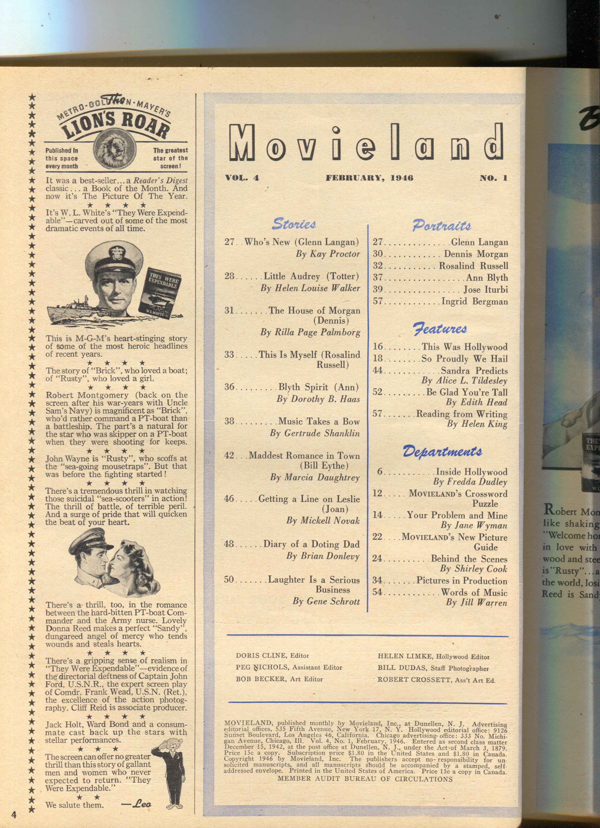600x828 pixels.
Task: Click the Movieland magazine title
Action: pyautogui.click(x=367, y=143)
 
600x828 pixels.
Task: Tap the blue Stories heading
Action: pyautogui.click(x=294, y=223)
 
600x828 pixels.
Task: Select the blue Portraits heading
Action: pyautogui.click(x=442, y=225)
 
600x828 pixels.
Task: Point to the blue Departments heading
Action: pyautogui.click(x=442, y=452)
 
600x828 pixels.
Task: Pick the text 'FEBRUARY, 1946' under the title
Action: pyautogui.click(x=369, y=178)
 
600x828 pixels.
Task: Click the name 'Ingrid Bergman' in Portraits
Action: pyautogui.click(x=475, y=301)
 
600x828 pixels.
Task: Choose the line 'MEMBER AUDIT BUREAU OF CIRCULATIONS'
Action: pyautogui.click(x=365, y=779)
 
